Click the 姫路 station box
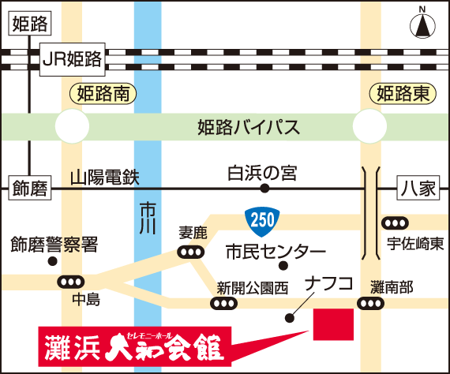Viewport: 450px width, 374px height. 30,24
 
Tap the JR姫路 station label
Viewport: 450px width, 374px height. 73,59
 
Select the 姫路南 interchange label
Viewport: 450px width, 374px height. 103,94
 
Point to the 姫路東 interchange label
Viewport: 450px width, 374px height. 403,94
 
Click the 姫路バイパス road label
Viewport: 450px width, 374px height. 249,127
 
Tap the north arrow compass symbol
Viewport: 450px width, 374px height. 422,25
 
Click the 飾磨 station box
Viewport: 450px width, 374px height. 30,188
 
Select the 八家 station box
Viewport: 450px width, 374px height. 418,188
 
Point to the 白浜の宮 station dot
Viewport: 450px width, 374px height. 264,189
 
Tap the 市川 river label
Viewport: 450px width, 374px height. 148,218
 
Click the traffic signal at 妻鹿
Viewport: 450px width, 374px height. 191,252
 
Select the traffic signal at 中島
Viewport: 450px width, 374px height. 71,282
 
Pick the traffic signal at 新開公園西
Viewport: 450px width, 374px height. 224,304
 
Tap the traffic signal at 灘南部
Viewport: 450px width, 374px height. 371,304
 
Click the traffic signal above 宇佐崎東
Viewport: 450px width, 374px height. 395,223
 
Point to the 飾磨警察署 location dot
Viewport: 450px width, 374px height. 53,261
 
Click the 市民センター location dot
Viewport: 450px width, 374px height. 283,266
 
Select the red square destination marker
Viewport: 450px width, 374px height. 333,324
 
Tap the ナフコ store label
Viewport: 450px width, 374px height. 329,283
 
